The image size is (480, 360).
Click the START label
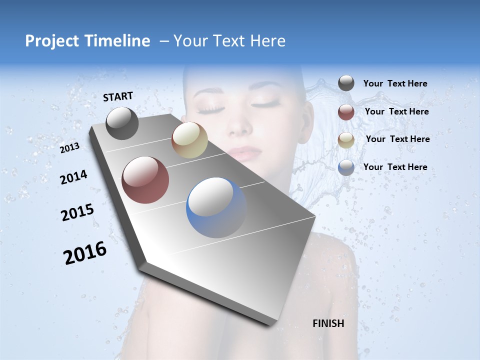pos(118,96)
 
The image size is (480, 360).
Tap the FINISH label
pos(328,323)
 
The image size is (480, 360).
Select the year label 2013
pos(69,147)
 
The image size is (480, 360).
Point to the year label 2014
pos(73,177)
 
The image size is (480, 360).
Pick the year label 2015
pos(77,212)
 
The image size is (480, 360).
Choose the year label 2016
pos(85,253)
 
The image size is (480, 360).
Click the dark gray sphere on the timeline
pos(122,123)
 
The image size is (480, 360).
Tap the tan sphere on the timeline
pos(189,140)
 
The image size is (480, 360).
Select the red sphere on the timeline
pos(145,180)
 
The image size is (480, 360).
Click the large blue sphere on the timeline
pos(216,207)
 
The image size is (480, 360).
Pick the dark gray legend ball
pos(346,83)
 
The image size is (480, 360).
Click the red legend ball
pos(346,112)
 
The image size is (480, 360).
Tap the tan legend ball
pos(346,139)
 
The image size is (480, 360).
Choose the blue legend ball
pos(346,167)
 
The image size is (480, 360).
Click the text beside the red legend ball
pos(396,111)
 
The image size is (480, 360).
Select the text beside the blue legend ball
pos(395,167)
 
